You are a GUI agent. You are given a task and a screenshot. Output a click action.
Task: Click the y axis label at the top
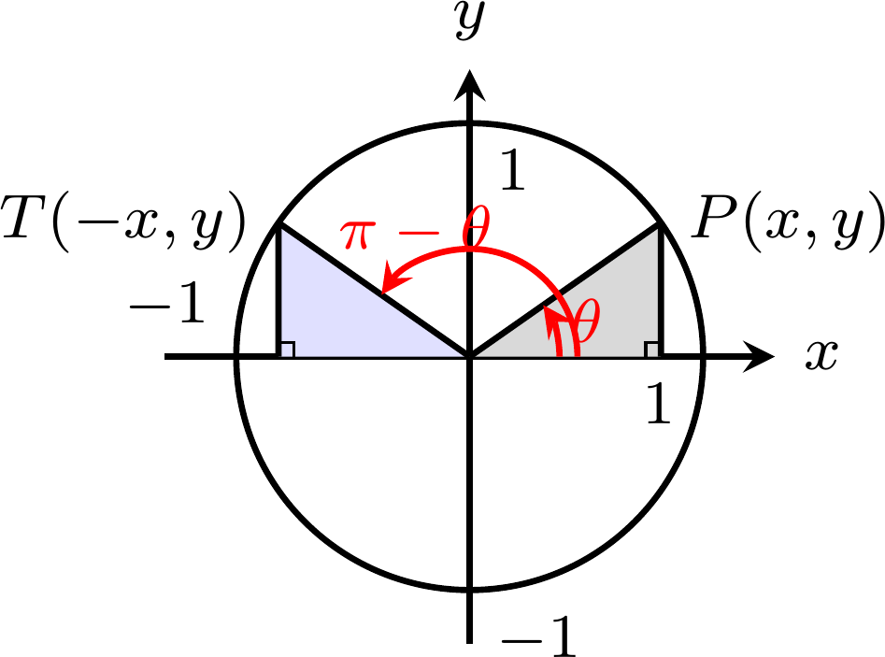[x=470, y=21]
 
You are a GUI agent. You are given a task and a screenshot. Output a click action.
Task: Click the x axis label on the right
[x=821, y=355]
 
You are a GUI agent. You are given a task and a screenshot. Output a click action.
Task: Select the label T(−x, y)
[x=123, y=222]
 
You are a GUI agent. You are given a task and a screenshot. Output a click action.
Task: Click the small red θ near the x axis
[x=585, y=320]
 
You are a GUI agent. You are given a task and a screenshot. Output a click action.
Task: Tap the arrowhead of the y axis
[x=469, y=85]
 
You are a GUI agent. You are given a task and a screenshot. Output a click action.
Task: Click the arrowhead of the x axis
[x=758, y=357]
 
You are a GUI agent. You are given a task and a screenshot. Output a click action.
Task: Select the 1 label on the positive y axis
[x=512, y=170]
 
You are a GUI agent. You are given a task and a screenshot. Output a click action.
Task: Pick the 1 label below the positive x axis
[x=658, y=403]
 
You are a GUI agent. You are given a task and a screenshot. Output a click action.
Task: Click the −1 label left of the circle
[x=167, y=303]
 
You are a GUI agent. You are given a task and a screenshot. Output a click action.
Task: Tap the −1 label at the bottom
[x=538, y=636]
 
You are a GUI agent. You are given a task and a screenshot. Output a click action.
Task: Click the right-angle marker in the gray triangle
[x=652, y=350]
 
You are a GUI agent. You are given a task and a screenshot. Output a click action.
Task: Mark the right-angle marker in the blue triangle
[x=287, y=350]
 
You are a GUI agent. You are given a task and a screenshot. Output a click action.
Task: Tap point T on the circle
[x=278, y=224]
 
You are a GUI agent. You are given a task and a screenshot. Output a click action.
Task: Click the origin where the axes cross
[x=469, y=357]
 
